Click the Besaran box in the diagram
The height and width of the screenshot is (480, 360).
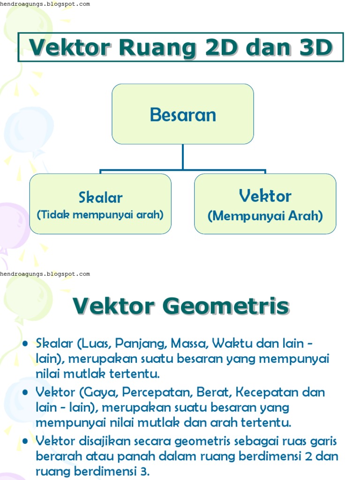(x=183, y=114)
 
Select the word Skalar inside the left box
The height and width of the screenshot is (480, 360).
(x=101, y=197)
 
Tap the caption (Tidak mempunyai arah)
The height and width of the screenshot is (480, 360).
(x=100, y=215)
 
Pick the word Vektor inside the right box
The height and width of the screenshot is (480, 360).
(x=265, y=196)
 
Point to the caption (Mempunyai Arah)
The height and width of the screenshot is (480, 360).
(x=265, y=216)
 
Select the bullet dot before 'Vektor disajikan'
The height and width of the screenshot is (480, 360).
(x=26, y=441)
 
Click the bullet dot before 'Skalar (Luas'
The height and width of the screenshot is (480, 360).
(x=26, y=344)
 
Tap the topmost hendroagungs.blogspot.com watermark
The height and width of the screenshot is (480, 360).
(x=45, y=4)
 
